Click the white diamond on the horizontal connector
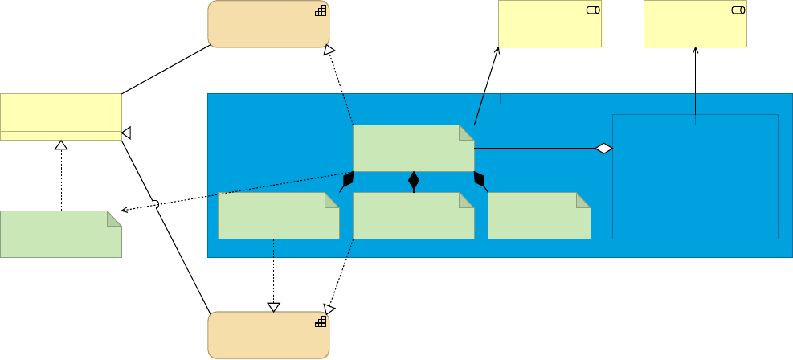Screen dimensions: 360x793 pos(603,148)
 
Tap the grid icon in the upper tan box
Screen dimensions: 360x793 pos(321,10)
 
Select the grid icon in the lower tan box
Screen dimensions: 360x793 pos(321,321)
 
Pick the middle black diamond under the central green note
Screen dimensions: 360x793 pos(414,180)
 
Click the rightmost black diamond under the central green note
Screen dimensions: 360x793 pos(480,179)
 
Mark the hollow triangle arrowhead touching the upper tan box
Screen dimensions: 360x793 pos(329,51)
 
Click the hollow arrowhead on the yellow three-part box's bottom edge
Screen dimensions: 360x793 pos(61,145)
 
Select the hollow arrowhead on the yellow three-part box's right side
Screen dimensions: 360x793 pos(126,132)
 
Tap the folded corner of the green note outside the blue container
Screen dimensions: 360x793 pos(114,218)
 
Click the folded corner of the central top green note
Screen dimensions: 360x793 pos(467,133)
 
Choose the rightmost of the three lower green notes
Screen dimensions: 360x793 pos(539,215)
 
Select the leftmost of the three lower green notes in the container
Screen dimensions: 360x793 pos(278,215)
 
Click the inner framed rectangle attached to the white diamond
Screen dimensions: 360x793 pos(695,177)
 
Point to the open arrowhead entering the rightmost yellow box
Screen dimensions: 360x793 pos(695,51)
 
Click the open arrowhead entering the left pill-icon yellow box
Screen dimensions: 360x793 pos(497,51)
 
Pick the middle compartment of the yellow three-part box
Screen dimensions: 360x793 pos(61,117)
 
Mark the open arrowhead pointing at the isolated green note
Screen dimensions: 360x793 pos(125,210)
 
